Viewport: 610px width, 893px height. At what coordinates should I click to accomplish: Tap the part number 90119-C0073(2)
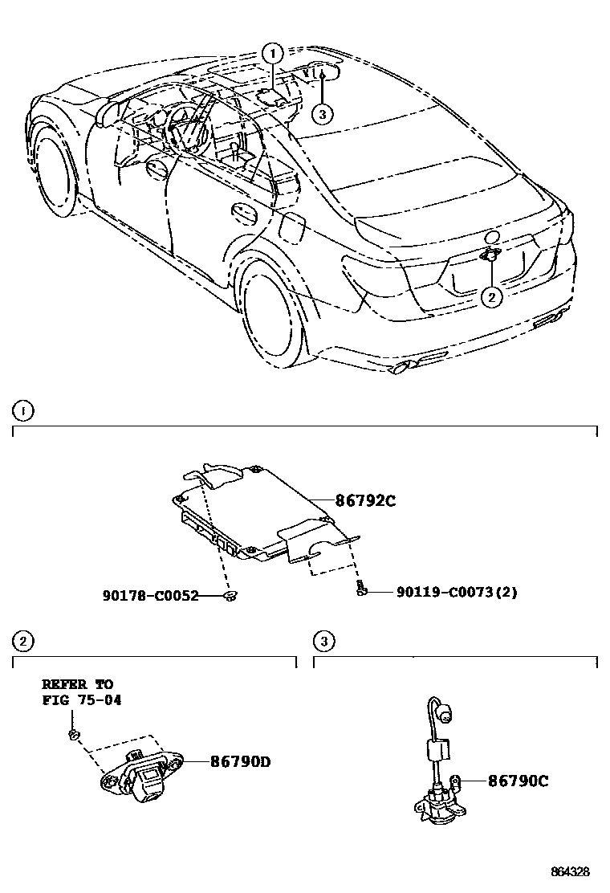457,593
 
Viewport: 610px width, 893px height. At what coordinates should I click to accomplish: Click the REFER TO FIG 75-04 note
78,691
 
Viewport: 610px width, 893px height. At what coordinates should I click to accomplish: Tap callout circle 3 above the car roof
321,114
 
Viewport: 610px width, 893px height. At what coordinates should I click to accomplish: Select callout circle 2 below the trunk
491,296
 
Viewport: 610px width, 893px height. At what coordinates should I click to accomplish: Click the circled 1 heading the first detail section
23,412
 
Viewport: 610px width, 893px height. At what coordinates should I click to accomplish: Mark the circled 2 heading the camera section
23,640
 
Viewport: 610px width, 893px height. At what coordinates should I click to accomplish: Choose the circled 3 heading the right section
323,640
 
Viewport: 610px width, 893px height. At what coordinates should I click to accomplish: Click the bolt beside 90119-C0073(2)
363,590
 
